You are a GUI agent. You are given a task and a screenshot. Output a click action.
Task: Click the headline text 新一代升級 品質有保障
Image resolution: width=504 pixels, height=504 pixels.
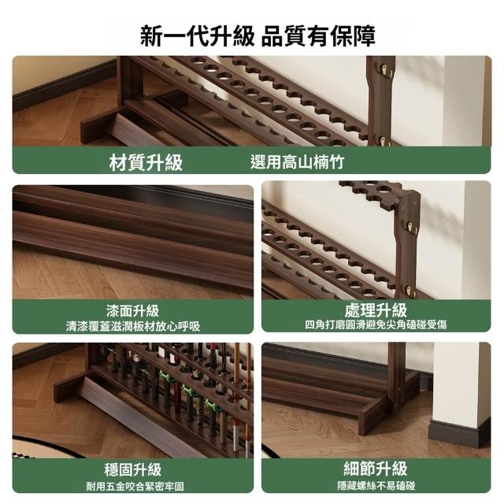(x=258, y=35)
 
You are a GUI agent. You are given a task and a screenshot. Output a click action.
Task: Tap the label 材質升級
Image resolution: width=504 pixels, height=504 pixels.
(x=146, y=162)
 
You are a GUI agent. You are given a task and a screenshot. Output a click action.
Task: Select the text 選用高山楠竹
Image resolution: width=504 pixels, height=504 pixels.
(x=298, y=162)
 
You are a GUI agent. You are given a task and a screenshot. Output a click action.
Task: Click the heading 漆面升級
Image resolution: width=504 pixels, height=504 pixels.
(x=133, y=310)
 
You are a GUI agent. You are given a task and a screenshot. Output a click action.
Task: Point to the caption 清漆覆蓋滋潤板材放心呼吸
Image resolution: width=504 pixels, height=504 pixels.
(x=133, y=326)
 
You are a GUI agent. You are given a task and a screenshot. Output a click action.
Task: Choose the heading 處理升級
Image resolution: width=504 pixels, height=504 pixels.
(x=376, y=309)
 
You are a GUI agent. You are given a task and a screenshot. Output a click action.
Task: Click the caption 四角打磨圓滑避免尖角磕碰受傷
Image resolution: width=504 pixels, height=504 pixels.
(x=376, y=324)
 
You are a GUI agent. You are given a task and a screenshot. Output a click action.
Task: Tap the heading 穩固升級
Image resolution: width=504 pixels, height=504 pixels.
(x=133, y=469)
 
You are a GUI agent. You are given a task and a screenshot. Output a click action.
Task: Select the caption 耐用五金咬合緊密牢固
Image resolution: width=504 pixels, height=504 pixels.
(x=135, y=487)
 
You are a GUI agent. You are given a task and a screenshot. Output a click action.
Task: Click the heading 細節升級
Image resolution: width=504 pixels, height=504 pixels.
(x=376, y=469)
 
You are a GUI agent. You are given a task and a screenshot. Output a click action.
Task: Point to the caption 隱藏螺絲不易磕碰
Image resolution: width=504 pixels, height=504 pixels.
(x=376, y=485)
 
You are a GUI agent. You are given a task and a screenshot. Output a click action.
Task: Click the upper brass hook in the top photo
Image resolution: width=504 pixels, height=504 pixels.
(x=385, y=71)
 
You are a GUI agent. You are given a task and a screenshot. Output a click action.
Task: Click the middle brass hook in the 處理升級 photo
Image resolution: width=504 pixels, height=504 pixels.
(x=411, y=227)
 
